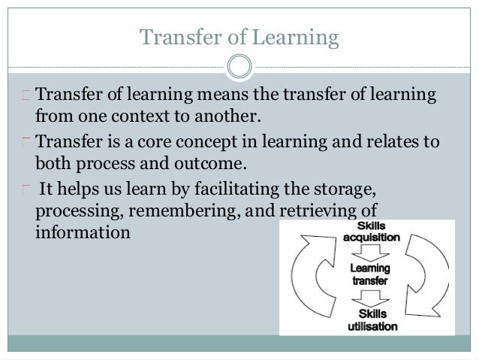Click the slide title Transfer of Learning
coord(239,35)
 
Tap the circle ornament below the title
coord(239,65)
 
